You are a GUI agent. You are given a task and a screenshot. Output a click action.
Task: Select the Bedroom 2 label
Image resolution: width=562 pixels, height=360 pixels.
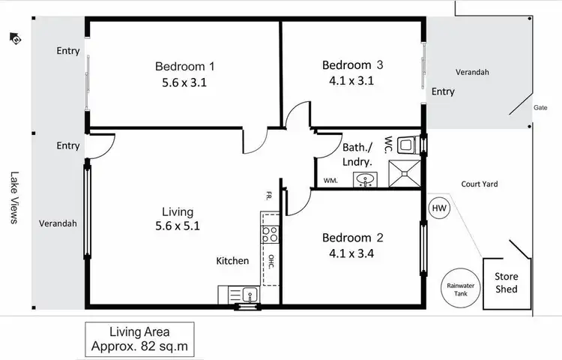[352, 238]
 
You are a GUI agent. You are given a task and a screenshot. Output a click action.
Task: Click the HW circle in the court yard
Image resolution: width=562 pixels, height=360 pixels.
[439, 208]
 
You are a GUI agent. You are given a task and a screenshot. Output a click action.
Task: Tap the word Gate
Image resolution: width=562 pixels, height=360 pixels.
[540, 107]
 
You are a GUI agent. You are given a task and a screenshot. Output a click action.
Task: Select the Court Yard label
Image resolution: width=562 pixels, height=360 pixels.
[480, 184]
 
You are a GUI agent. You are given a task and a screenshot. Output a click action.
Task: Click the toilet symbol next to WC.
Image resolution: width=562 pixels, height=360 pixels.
[408, 144]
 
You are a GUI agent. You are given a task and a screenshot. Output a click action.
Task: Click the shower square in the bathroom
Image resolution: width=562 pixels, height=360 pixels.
[407, 173]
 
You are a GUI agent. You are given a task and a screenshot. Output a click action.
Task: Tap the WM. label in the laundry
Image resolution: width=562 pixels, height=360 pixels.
[330, 181]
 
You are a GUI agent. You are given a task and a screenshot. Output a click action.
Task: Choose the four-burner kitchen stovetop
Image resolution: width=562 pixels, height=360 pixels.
[269, 234]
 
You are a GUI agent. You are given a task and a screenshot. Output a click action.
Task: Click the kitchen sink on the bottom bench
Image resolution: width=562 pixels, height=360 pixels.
[249, 294]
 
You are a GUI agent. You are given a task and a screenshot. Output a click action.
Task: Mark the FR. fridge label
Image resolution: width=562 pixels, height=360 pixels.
[268, 196]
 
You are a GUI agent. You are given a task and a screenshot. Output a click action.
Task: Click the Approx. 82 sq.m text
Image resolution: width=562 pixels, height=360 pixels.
[139, 346]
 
